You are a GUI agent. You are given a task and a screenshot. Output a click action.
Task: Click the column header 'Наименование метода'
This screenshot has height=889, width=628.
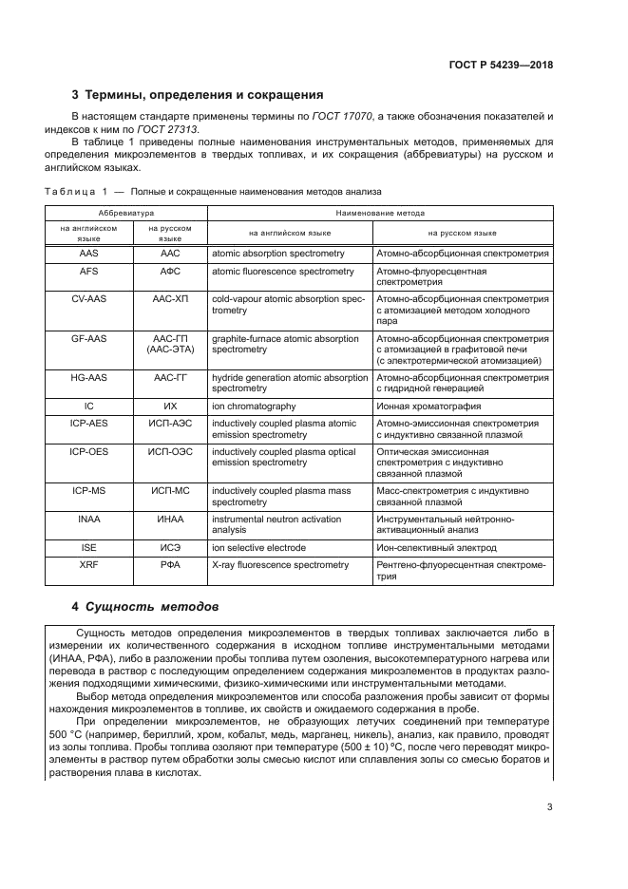380,215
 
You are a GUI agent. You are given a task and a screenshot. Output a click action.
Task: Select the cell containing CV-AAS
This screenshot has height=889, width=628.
89,299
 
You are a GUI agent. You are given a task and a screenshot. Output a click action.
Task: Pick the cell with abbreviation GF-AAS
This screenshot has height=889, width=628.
89,339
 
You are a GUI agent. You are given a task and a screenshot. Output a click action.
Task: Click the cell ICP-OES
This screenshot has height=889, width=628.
89,452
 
